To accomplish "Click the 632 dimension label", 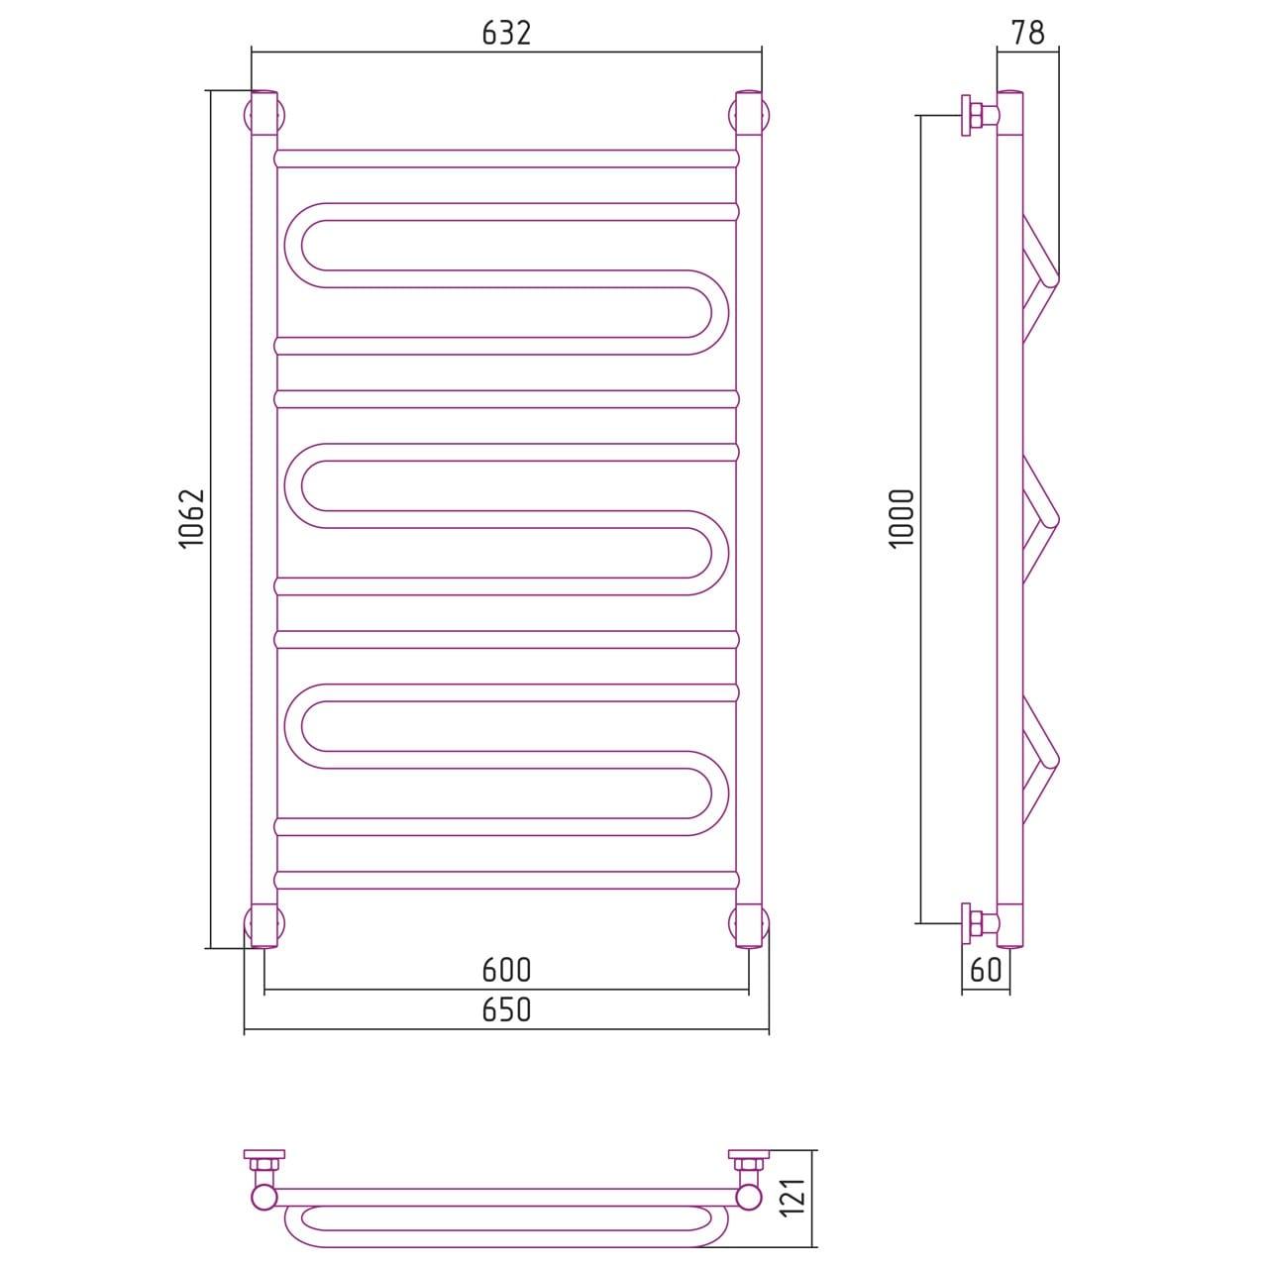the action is click(x=506, y=33).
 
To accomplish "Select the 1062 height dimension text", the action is click(x=193, y=518).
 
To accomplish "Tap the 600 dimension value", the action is click(x=506, y=970).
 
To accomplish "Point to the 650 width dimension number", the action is click(x=506, y=1010).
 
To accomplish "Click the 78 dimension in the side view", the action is click(x=1027, y=32).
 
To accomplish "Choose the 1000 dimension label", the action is click(x=902, y=517).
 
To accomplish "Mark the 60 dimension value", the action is click(x=986, y=969).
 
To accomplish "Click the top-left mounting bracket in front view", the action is click(x=264, y=116).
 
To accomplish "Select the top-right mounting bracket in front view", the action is click(x=749, y=116).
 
